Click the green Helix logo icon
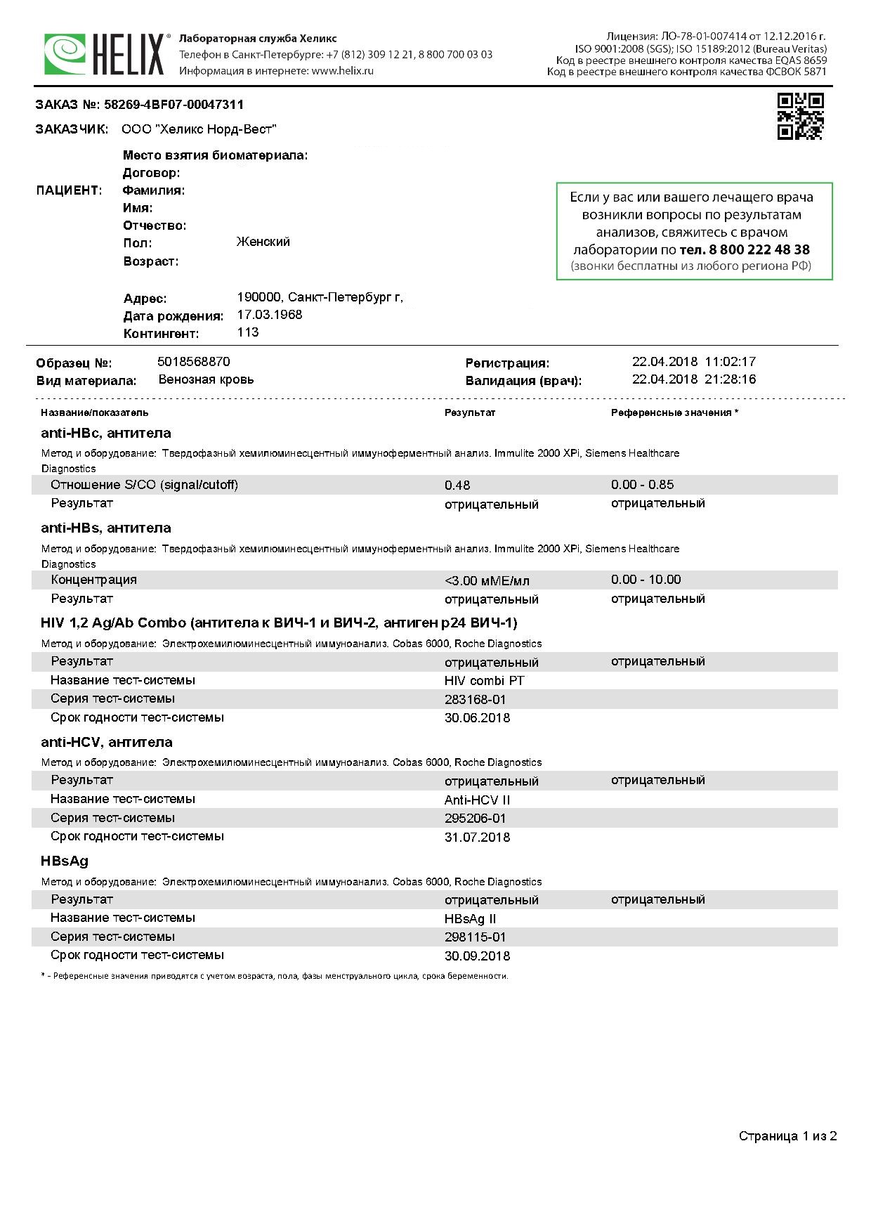65,54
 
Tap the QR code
800,117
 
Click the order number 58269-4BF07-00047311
173,105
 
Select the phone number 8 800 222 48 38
745,249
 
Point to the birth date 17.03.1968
270,315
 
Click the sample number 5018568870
194,362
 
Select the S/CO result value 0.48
457,486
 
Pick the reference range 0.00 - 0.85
642,485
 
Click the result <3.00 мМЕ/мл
487,581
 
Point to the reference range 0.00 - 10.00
646,580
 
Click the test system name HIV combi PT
484,681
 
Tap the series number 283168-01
475,700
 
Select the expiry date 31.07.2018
477,838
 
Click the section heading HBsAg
65,861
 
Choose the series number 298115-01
475,937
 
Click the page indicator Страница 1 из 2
787,1137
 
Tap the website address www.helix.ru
342,71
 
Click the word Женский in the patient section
263,242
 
